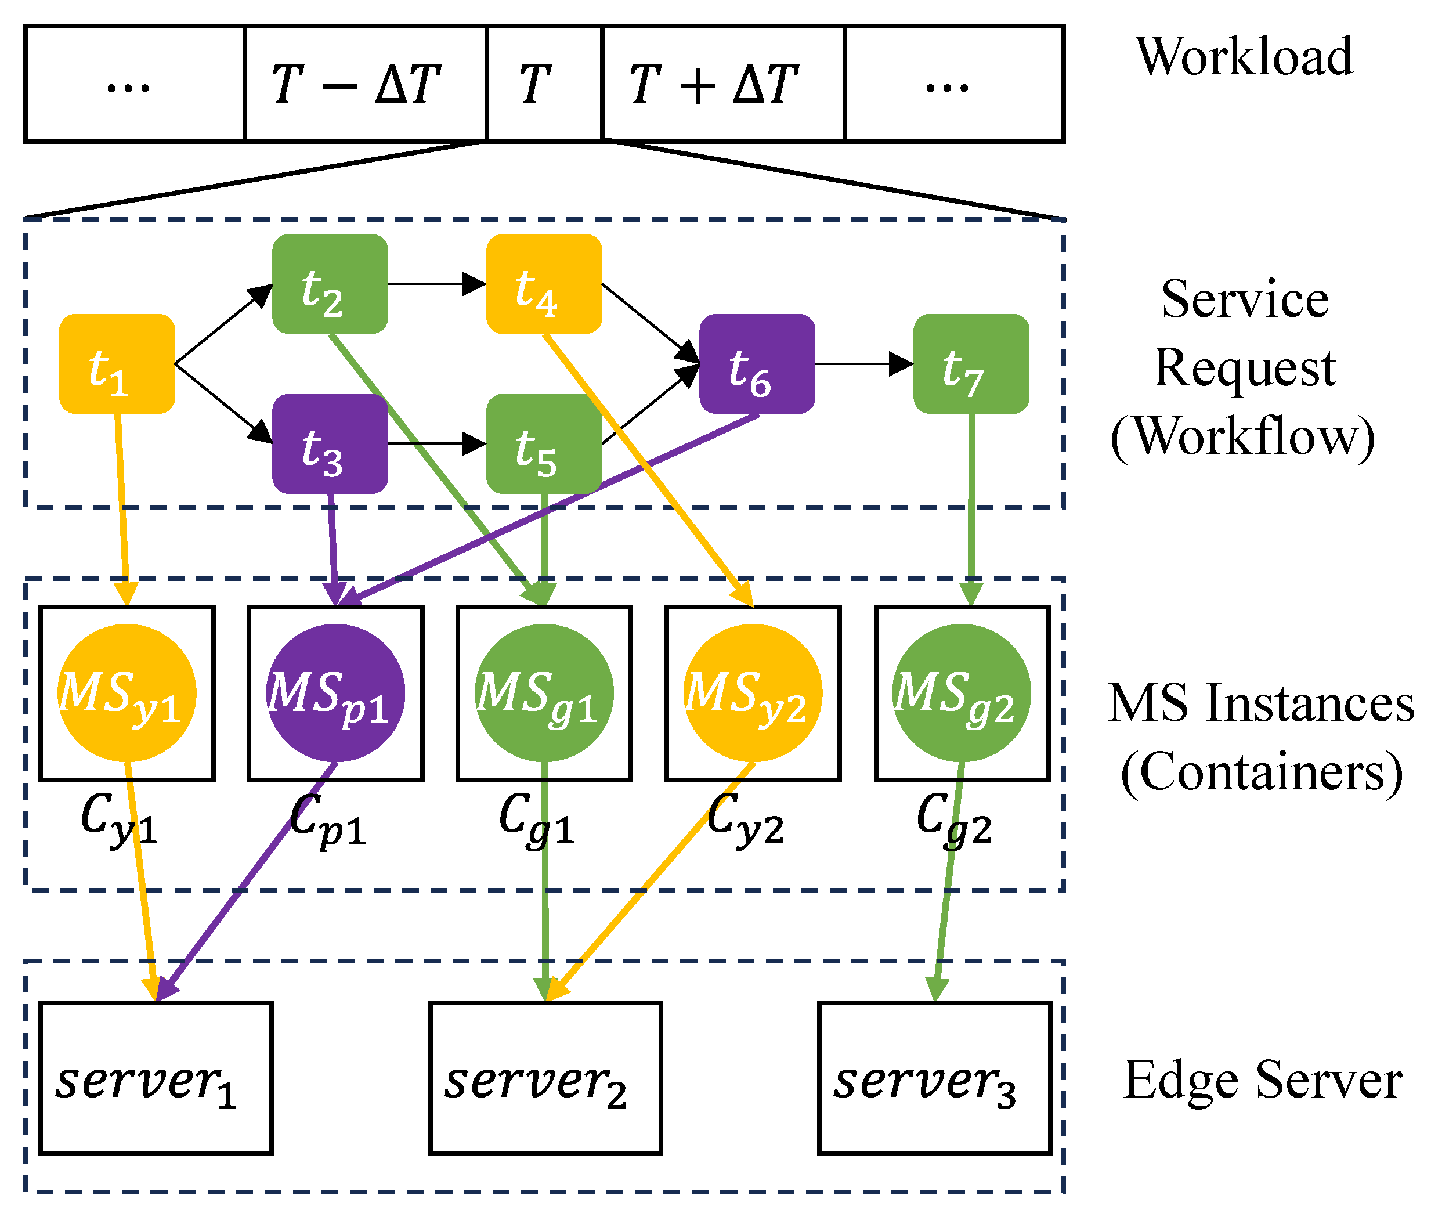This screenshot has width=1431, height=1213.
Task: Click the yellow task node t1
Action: pos(117,364)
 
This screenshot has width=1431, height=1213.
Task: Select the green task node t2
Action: pos(330,283)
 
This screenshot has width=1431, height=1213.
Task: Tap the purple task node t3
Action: pos(330,444)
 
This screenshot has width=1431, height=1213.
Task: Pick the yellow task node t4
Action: pos(544,283)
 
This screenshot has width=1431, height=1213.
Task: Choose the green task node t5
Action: pos(544,444)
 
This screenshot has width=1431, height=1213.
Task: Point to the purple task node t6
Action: pos(757,364)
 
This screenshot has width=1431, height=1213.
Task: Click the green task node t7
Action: pos(971,364)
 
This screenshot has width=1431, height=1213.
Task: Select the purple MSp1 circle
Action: pos(335,692)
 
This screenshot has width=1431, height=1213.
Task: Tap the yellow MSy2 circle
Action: pos(753,692)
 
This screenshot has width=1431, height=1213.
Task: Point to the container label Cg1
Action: pos(536,820)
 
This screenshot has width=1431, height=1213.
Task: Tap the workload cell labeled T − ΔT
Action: pos(365,84)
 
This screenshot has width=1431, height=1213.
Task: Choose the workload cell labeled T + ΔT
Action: pos(722,84)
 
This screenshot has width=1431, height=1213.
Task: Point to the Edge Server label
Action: pos(1263,1080)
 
